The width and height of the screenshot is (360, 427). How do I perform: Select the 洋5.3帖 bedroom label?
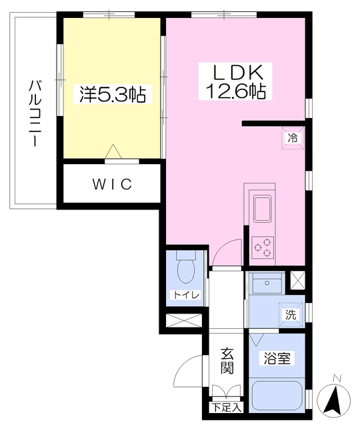[113, 95]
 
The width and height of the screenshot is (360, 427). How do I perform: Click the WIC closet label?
[112, 183]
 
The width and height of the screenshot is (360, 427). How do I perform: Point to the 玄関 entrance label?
[227, 361]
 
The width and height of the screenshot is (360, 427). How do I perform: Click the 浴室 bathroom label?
[277, 358]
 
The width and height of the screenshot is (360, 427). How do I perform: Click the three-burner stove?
[262, 248]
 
